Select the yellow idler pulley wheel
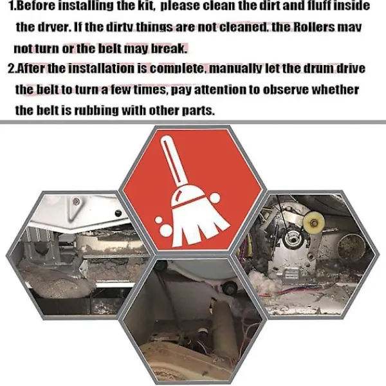[x=313, y=222]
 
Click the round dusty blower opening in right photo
[x=349, y=248]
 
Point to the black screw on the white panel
[x=118, y=212]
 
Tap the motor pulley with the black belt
[x=292, y=238]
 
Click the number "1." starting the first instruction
[x=12, y=6]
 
